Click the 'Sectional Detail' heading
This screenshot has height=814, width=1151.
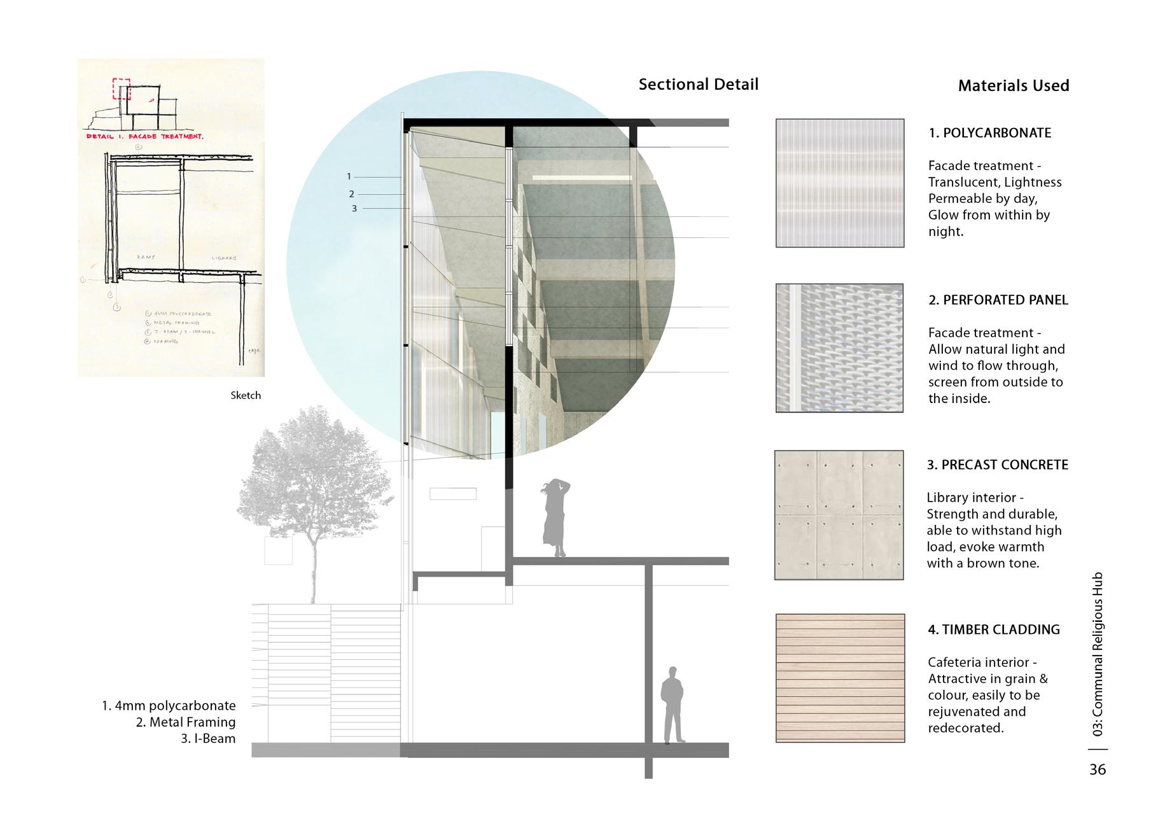(x=698, y=85)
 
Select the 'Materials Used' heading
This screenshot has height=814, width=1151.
(x=1013, y=86)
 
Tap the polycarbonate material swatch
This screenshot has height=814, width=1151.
(x=839, y=183)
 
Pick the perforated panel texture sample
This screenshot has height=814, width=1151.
(x=839, y=348)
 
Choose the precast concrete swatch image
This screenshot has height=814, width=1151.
(x=839, y=515)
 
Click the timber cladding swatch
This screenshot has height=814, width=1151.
(x=840, y=678)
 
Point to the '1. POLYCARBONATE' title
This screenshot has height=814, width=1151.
(x=989, y=133)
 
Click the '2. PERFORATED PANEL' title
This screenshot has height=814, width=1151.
(x=998, y=300)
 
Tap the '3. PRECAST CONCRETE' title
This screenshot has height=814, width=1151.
(x=997, y=465)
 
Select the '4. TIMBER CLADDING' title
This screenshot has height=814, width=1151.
(x=993, y=629)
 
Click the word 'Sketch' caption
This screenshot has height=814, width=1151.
(x=246, y=395)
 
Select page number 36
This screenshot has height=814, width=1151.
(x=1098, y=769)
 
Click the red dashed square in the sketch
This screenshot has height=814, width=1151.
(x=121, y=89)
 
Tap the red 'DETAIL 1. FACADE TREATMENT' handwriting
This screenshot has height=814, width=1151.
(x=145, y=136)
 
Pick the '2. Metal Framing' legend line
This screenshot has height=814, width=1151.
(x=185, y=722)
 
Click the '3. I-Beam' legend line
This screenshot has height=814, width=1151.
(x=207, y=739)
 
